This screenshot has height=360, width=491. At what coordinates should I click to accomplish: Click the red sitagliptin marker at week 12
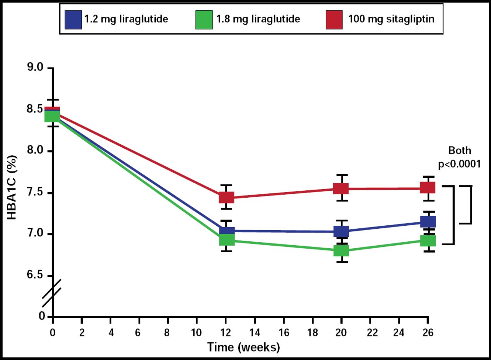click(x=226, y=198)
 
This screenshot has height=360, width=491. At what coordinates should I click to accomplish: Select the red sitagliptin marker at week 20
click(x=341, y=188)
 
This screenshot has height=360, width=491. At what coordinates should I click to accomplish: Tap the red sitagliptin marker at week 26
click(x=428, y=187)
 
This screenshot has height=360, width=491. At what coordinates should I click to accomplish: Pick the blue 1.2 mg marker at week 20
click(x=341, y=231)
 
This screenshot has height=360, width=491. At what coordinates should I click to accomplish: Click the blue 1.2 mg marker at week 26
click(x=428, y=221)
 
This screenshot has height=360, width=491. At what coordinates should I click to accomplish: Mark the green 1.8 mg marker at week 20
click(x=341, y=251)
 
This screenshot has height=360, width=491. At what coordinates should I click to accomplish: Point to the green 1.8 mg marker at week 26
click(x=428, y=241)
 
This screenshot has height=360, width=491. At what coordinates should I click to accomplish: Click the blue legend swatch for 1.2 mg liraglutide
click(x=74, y=19)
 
